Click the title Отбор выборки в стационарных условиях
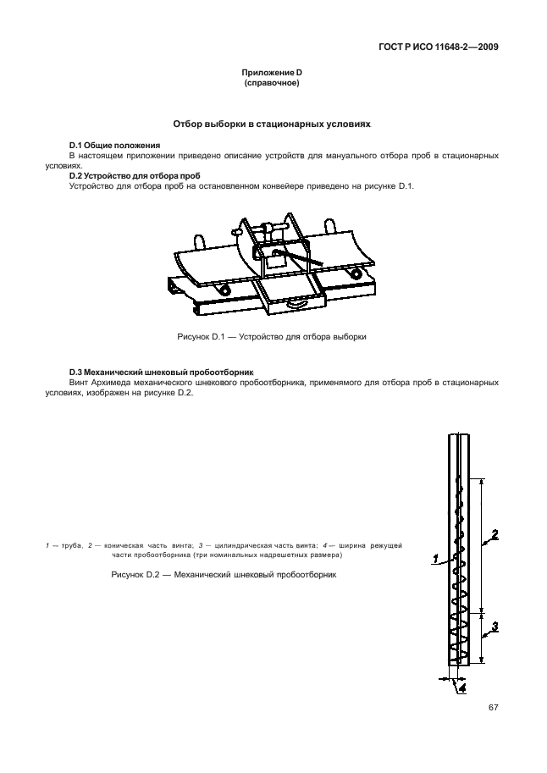[x=272, y=124]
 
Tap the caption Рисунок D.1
[x=272, y=336]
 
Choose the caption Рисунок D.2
[x=224, y=575]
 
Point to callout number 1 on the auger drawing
[x=435, y=558]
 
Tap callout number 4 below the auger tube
[x=461, y=687]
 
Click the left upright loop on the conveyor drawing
[x=201, y=240]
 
